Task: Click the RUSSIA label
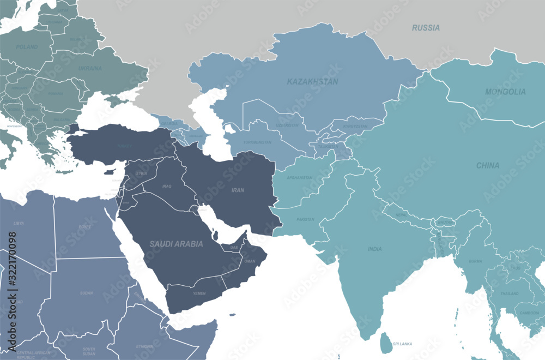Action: [x=426, y=27]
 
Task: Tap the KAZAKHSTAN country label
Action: [x=312, y=82]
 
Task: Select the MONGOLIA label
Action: [x=505, y=92]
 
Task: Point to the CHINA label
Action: [x=487, y=165]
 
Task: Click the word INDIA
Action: [x=374, y=249]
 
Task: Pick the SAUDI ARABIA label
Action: [x=176, y=244]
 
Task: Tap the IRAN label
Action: [x=238, y=190]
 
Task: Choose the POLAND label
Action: [x=27, y=47]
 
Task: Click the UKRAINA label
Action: [x=90, y=69]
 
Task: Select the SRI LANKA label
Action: [x=402, y=344]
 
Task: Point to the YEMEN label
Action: [x=199, y=293]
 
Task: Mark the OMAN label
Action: [x=250, y=261]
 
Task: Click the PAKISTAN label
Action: [x=305, y=219]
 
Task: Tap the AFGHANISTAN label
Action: [x=300, y=177]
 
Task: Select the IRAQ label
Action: [x=167, y=186]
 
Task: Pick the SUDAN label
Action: [x=86, y=293]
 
